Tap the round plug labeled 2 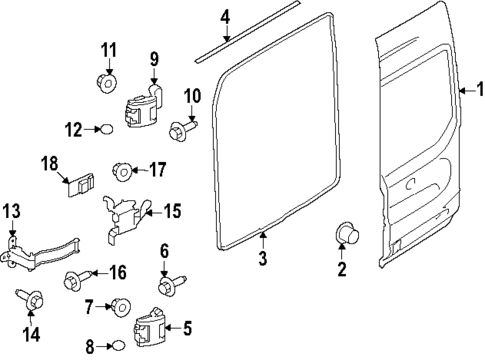345,235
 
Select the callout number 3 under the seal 262,260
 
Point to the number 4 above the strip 225,17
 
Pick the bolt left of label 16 76,279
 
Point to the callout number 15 172,211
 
